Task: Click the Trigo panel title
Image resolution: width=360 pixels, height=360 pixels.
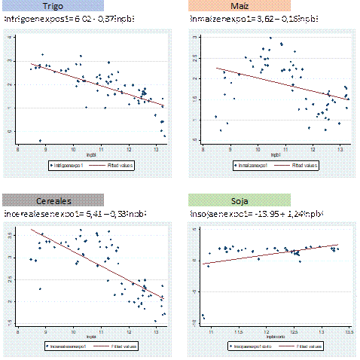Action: pos(52,7)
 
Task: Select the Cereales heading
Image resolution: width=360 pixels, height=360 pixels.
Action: pos(52,200)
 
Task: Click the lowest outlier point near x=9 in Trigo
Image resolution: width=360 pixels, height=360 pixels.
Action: pos(40,140)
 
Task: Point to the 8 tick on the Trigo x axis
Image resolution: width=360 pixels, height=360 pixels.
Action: pos(18,149)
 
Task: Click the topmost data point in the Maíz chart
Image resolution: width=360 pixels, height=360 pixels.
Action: pos(270,38)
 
